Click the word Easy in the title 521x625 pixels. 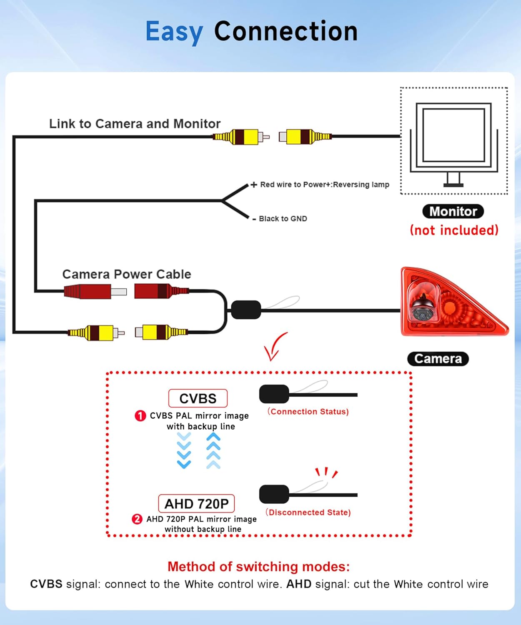(x=174, y=32)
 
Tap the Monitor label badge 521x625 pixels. (x=453, y=211)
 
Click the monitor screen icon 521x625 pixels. (x=453, y=135)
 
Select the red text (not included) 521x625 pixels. (x=454, y=230)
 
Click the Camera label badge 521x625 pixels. (x=438, y=359)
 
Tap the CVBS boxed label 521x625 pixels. (x=198, y=398)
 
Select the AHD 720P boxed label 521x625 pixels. (x=196, y=504)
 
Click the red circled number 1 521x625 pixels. (x=140, y=416)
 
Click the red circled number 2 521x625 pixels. (x=137, y=519)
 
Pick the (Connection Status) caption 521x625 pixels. (x=308, y=412)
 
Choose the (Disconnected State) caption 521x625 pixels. (x=308, y=512)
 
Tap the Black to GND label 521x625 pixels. (x=283, y=219)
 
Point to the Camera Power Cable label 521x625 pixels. (x=127, y=274)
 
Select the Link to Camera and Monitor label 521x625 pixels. (x=135, y=124)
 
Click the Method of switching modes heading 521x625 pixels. (x=258, y=567)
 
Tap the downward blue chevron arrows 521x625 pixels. (x=184, y=450)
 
